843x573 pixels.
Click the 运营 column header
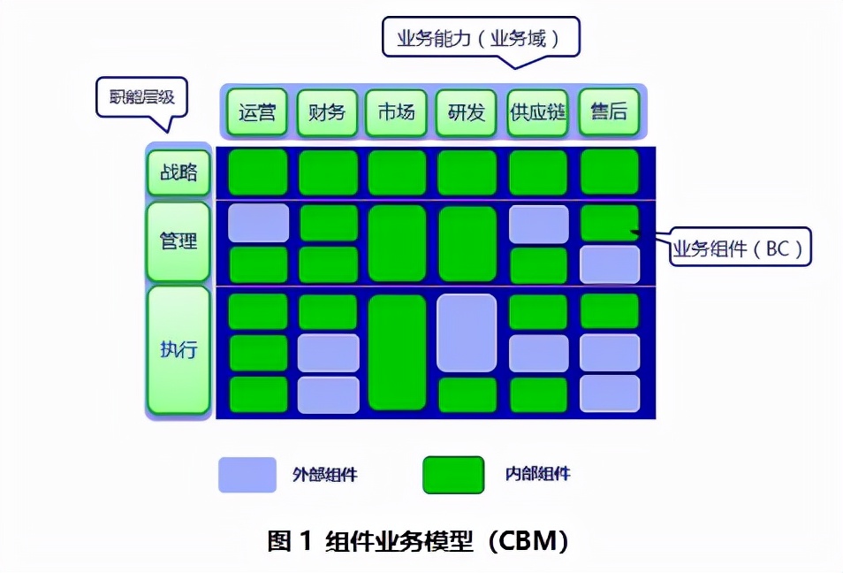point(257,112)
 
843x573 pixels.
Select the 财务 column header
point(327,112)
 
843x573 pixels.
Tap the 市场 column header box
point(396,112)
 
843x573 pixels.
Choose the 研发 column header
point(466,112)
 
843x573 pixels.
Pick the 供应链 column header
point(537,112)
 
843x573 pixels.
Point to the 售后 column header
point(608,112)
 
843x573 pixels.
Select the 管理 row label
point(178,241)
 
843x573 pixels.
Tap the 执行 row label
point(178,349)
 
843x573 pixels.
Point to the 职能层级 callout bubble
point(141,96)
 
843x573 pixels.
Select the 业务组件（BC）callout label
point(738,248)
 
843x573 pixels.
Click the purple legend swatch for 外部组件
point(247,475)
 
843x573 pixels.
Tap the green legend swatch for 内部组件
point(453,475)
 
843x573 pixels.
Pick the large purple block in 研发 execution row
point(467,332)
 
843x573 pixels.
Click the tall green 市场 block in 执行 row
point(397,352)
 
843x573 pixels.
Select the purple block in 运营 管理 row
point(258,223)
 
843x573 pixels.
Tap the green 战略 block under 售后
point(609,172)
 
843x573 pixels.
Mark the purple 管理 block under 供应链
point(538,225)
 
